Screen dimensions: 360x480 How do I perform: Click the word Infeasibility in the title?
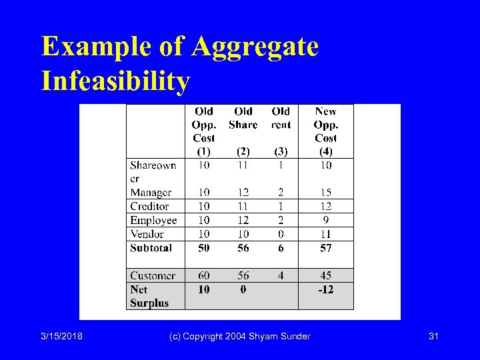point(115,81)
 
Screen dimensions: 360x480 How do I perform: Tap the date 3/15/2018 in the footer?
point(61,336)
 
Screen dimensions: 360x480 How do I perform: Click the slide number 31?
point(433,336)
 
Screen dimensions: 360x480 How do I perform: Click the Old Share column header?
point(243,118)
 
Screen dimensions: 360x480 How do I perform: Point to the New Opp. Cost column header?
point(325,125)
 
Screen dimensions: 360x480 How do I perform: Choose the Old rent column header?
point(281,118)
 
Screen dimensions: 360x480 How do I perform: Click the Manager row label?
point(151,193)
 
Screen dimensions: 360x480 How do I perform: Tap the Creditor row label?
point(149,207)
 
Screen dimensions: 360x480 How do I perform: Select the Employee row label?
point(153,221)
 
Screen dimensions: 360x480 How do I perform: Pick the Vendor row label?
point(147,234)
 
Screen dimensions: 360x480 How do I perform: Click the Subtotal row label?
point(151,248)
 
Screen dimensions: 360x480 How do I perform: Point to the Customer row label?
point(153,276)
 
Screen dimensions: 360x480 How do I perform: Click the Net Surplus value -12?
point(325,289)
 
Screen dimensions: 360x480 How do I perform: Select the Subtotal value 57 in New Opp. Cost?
point(325,248)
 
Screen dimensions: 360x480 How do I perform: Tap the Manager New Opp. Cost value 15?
point(325,193)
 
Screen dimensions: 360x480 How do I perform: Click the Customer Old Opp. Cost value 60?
point(204,276)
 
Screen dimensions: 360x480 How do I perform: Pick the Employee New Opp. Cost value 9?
point(325,221)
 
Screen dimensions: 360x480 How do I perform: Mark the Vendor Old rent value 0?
point(281,234)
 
